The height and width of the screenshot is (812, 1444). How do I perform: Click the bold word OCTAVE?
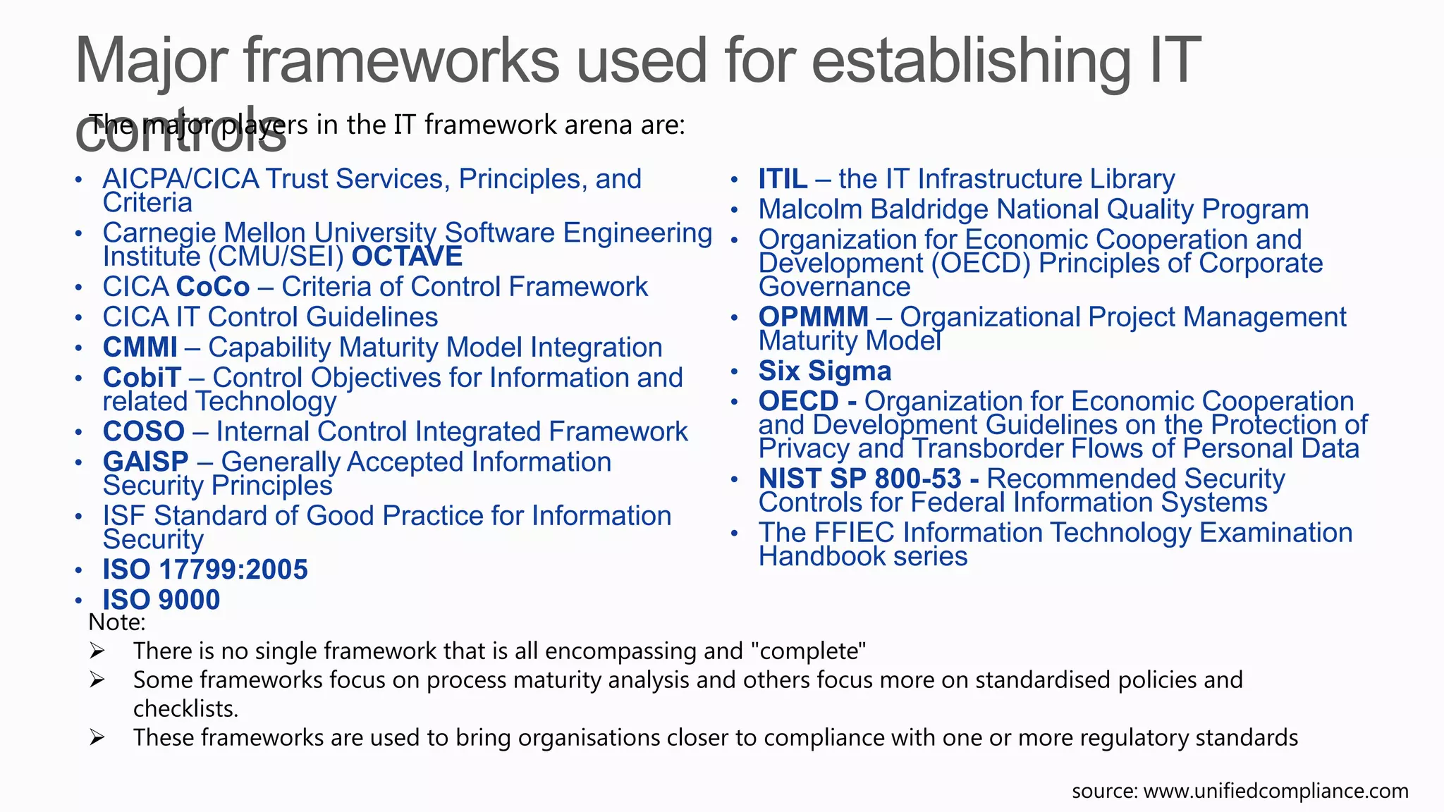coord(407,257)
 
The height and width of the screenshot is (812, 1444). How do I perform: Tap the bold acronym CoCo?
coord(212,287)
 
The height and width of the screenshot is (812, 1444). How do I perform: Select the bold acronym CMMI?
coord(140,347)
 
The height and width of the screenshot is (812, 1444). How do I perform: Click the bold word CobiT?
coord(142,378)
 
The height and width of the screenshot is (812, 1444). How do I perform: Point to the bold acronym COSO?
coord(144,431)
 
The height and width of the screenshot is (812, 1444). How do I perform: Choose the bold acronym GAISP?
coord(145,462)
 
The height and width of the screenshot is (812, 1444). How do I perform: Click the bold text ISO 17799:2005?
coord(205,570)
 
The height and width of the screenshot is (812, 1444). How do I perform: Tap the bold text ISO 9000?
coord(161,600)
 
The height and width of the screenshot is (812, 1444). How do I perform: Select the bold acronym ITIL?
coord(783,179)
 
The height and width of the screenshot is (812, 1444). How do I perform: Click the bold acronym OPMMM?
coord(814,317)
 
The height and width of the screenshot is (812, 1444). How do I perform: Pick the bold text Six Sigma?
coord(824,371)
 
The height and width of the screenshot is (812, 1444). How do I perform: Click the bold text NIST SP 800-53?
coord(859,479)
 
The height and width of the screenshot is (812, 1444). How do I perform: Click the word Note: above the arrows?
coord(116,622)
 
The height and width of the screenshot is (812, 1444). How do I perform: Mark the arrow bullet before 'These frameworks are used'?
coord(97,738)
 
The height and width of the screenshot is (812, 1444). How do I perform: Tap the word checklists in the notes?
coord(185,708)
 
